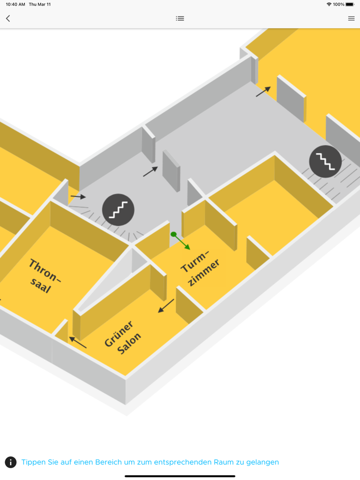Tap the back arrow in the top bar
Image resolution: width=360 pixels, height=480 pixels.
pyautogui.click(x=8, y=19)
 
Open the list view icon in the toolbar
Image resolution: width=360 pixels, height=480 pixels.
pyautogui.click(x=180, y=19)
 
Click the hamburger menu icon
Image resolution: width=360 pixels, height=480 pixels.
pyautogui.click(x=351, y=19)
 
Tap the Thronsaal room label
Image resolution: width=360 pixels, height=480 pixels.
pyautogui.click(x=45, y=276)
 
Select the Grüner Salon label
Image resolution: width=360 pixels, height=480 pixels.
pyautogui.click(x=123, y=337)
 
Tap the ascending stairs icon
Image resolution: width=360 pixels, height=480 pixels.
pyautogui.click(x=118, y=210)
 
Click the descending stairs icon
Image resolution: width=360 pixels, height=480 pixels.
pyautogui.click(x=325, y=161)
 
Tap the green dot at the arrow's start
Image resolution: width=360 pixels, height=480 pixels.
pyautogui.click(x=174, y=235)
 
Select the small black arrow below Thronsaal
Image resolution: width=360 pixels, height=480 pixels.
pyautogui.click(x=78, y=342)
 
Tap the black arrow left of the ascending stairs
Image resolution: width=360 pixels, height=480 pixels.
pyautogui.click(x=78, y=197)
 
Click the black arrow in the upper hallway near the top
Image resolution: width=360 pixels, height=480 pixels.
pyautogui.click(x=263, y=91)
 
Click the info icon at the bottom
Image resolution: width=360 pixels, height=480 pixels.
pyautogui.click(x=11, y=462)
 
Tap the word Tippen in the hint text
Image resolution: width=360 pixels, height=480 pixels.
pyautogui.click(x=33, y=462)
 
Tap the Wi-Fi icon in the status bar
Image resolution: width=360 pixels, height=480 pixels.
pyautogui.click(x=329, y=4)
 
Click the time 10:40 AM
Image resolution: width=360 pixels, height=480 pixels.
pyautogui.click(x=15, y=4)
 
